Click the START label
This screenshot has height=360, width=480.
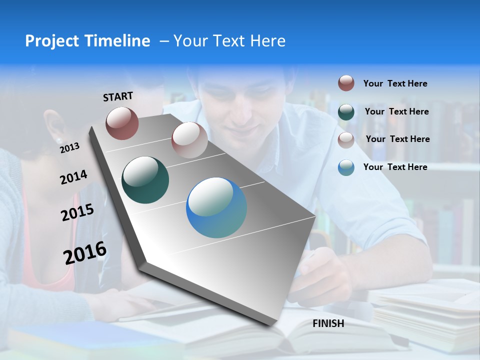(118, 96)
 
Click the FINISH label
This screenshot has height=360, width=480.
(328, 323)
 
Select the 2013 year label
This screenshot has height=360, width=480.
(70, 147)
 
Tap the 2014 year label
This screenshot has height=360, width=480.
(74, 177)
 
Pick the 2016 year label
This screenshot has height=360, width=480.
(85, 252)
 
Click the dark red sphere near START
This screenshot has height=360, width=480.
(122, 123)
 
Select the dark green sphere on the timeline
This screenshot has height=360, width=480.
(145, 180)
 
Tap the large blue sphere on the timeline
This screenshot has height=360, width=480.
(216, 207)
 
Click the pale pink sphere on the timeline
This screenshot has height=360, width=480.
(189, 140)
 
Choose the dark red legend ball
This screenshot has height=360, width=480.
(346, 83)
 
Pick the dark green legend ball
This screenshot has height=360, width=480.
(346, 112)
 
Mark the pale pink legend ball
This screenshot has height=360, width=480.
(346, 140)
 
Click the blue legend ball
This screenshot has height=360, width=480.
(346, 167)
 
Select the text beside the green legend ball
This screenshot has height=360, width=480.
(397, 111)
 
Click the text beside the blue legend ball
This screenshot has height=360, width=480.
(395, 167)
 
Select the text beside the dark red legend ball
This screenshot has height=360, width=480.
(395, 83)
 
